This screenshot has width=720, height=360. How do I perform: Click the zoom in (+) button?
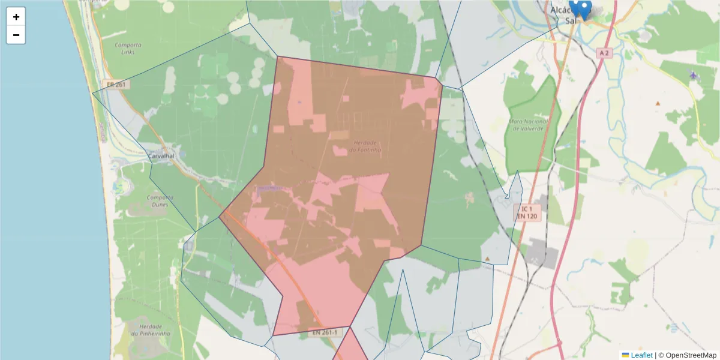pos(16,17)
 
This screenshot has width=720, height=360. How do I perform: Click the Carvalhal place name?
pos(161,156)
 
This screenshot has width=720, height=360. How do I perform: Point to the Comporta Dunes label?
pos(160,200)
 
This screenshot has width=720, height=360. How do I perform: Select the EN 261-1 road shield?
pos(325,332)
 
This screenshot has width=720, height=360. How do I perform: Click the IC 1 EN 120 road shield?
pos(526,211)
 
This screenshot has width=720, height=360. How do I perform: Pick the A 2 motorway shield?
pos(604,53)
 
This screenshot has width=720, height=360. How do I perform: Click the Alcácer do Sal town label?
pos(564,15)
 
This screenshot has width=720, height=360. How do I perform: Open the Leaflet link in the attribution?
pos(641,355)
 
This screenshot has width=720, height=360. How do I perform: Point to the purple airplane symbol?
pos(694,75)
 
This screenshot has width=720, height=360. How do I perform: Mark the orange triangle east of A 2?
pos(658,103)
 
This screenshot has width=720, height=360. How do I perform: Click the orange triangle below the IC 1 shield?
pos(487,259)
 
